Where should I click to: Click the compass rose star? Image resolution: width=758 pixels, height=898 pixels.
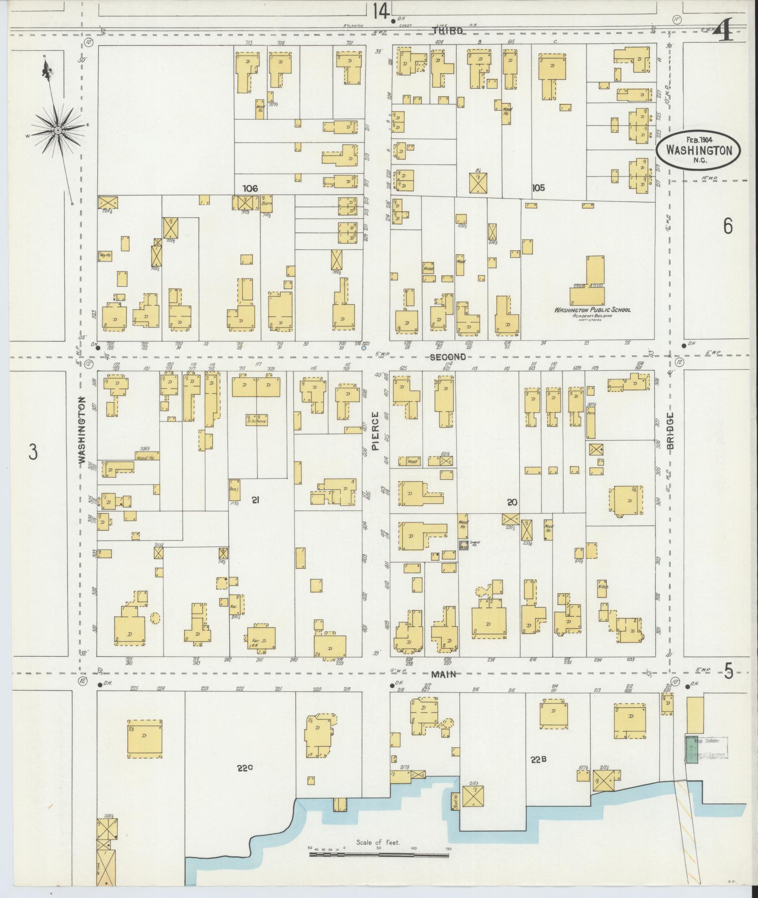point(57,130)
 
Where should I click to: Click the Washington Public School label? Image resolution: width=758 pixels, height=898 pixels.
point(592,310)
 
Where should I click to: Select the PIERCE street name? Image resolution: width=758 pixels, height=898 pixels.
point(375,431)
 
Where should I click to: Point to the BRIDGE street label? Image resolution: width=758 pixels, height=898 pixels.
point(670,430)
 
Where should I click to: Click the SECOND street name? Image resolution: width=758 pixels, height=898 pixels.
point(448,357)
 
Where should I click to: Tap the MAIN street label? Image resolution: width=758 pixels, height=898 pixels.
point(444,675)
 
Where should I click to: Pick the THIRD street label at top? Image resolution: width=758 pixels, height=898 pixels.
point(447,31)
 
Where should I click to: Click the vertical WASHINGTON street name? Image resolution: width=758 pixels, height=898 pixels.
point(83,431)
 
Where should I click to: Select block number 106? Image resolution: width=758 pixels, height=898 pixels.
point(250,188)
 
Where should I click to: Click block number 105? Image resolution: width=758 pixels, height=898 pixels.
point(538,188)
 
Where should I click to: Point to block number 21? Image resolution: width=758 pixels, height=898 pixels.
point(255,500)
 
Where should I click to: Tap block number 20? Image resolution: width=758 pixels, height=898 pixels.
point(512,502)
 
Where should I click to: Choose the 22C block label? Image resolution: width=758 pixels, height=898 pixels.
point(245,768)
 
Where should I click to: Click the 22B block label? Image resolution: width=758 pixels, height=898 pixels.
point(539,760)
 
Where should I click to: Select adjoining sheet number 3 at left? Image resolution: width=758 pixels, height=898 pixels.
point(32,453)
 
